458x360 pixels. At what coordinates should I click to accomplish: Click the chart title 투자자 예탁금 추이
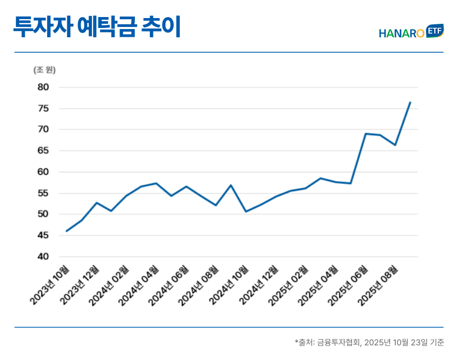pos(97,27)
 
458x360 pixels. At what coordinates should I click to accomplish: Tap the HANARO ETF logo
pos(411,32)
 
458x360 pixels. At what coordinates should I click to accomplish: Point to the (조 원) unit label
pos(44,70)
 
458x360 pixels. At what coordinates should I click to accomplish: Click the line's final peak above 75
pos(410,102)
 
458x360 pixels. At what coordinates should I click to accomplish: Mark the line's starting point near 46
pos(67,231)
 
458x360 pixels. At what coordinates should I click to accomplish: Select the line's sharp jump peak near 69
pos(365,133)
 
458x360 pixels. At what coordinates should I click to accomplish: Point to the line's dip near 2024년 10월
pos(246,212)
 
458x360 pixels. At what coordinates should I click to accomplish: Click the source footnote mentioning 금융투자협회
pos(369,342)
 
